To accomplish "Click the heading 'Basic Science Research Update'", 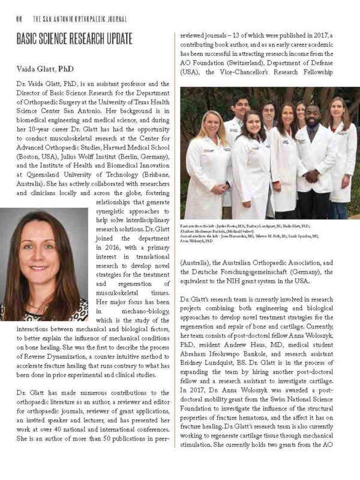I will coord(74,40).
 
